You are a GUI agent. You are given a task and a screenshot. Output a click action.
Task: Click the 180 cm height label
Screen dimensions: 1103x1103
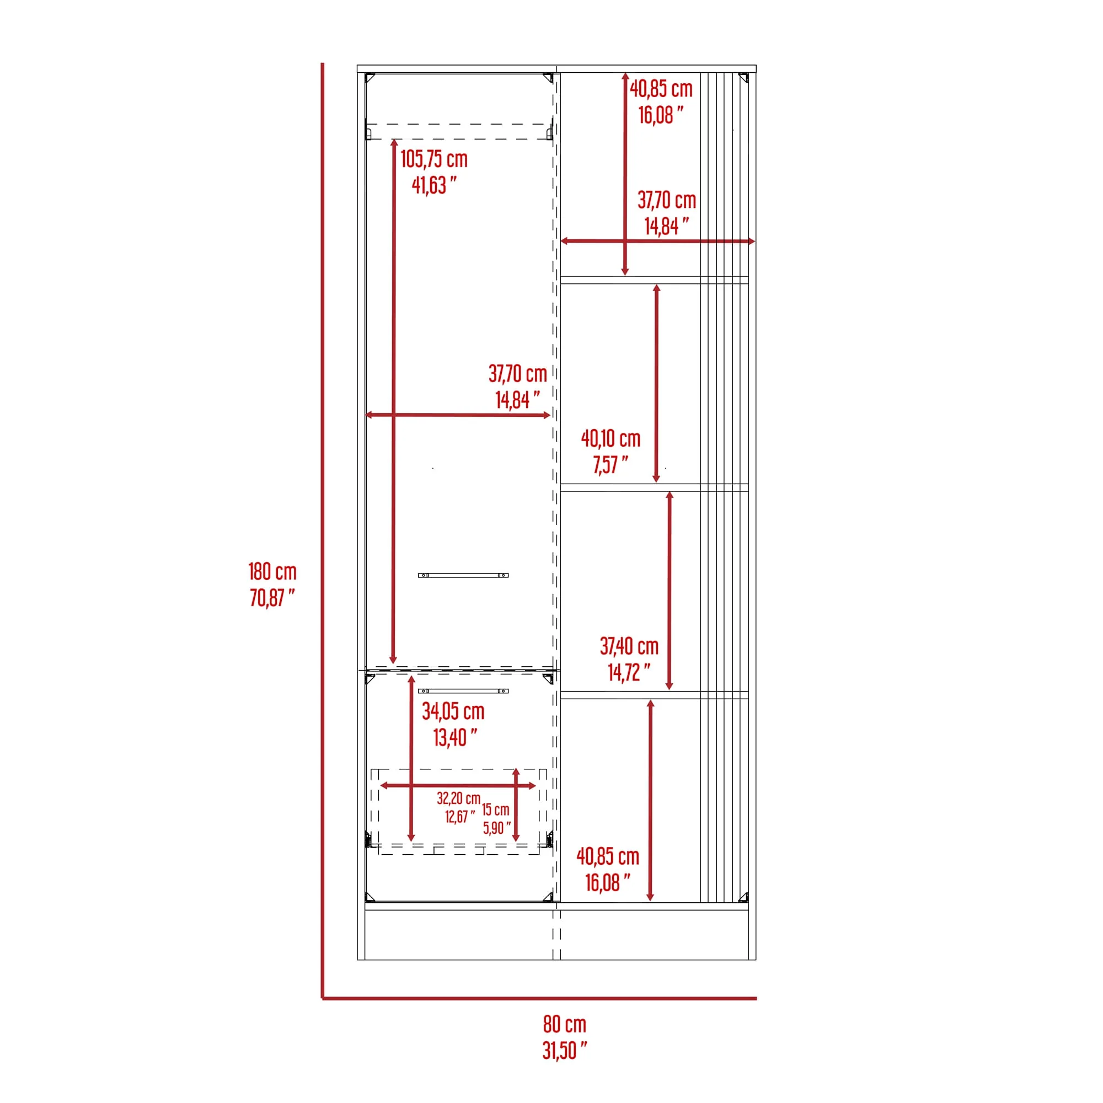click(x=272, y=571)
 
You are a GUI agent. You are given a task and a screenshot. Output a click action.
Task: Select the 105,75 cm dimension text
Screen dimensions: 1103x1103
click(x=434, y=159)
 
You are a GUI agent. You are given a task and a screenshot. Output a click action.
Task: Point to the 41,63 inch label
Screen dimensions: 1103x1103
click(x=434, y=185)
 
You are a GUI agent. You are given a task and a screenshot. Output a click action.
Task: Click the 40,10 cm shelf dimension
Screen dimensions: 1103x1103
click(x=611, y=438)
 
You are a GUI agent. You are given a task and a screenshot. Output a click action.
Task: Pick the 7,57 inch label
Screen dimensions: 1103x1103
click(x=611, y=465)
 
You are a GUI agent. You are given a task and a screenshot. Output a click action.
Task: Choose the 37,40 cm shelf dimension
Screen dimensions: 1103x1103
click(x=629, y=646)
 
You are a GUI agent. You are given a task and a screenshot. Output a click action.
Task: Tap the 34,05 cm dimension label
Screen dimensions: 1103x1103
click(x=453, y=711)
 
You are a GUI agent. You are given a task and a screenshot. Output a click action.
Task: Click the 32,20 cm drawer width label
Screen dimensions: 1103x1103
click(x=458, y=798)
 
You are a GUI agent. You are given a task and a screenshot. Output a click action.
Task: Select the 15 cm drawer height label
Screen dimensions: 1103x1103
click(x=496, y=810)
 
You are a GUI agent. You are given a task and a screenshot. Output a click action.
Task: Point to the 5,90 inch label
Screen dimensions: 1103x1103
click(x=497, y=828)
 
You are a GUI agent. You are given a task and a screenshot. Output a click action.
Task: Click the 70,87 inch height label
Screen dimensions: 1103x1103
click(x=272, y=598)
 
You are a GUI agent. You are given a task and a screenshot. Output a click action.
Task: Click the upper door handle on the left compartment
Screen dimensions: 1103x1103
click(x=463, y=575)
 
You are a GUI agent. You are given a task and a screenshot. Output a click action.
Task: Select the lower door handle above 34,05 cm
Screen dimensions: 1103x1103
click(x=463, y=691)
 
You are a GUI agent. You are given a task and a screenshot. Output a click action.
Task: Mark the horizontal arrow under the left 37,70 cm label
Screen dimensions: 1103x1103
click(x=458, y=415)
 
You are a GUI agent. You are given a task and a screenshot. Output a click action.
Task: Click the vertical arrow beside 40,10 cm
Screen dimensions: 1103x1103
click(x=656, y=383)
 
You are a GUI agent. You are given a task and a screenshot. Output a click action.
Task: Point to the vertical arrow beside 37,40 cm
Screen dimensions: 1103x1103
click(x=670, y=590)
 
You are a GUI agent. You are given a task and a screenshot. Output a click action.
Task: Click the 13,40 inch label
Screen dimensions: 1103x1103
click(x=455, y=737)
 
